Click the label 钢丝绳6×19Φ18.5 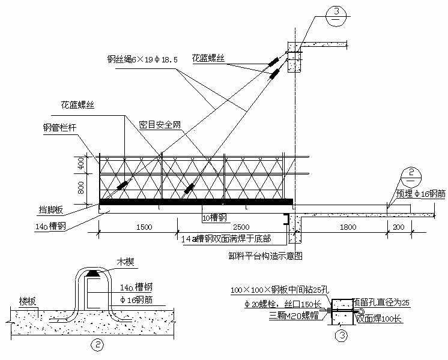pos(142,59)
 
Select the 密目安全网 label pos(160,125)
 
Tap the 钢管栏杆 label pos(59,128)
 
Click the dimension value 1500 pos(144,227)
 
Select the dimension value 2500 pos(241,227)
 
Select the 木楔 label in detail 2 pos(124,262)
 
